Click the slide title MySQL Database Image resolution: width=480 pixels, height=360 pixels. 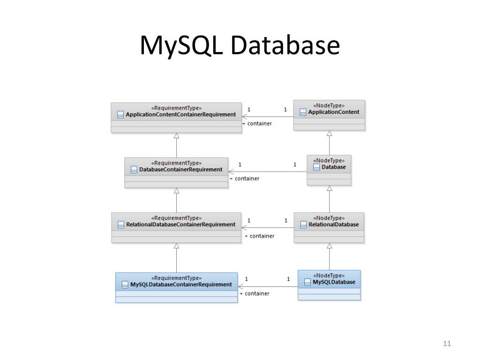(x=240, y=45)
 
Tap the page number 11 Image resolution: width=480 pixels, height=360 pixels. (x=446, y=344)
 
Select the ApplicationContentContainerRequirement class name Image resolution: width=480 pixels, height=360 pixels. (x=180, y=114)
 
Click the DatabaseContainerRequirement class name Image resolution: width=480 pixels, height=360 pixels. (x=180, y=169)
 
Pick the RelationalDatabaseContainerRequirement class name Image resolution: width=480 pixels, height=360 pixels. (x=180, y=225)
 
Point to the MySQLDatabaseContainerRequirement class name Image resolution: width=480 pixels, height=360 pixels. (x=180, y=285)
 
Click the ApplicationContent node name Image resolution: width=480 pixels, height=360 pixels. (x=333, y=112)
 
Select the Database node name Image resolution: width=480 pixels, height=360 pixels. (x=333, y=167)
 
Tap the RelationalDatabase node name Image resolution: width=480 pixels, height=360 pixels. (x=333, y=225)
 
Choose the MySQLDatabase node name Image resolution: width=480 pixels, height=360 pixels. (x=333, y=282)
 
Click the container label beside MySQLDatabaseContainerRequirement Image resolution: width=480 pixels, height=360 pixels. (x=256, y=293)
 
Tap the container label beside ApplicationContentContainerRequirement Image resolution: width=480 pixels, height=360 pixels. (x=258, y=123)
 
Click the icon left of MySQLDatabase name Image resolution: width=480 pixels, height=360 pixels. (x=307, y=282)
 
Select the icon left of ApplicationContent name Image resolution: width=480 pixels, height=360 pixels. (x=303, y=112)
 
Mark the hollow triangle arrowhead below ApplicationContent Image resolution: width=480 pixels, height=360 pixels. (x=330, y=134)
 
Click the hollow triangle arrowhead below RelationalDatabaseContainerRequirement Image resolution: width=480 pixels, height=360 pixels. (x=177, y=246)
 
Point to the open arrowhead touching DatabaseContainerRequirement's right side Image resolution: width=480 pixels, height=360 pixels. (x=231, y=172)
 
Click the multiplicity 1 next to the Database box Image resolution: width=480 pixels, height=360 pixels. (x=295, y=165)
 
